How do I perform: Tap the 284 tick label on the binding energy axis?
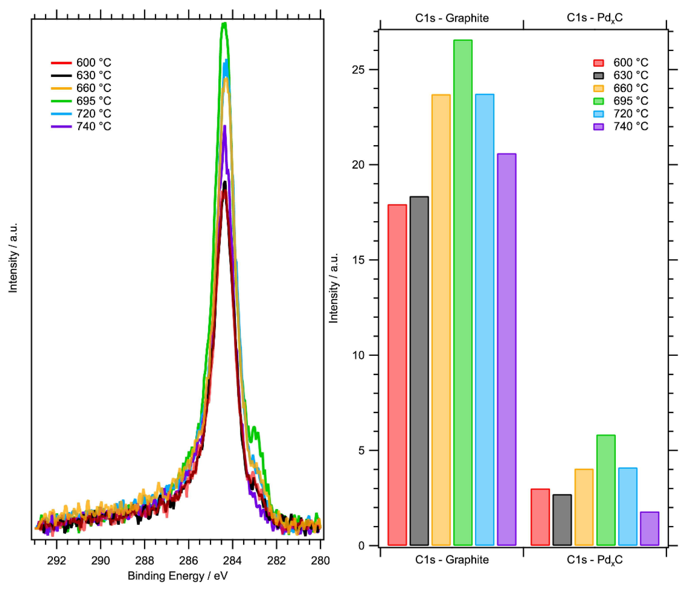coord(232,560)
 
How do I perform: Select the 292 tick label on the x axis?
coord(57,560)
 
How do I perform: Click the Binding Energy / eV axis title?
coord(178,576)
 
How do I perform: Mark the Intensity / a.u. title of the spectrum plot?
coord(13,258)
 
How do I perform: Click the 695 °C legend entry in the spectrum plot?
coord(94,101)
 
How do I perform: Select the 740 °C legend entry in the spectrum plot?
coord(94,126)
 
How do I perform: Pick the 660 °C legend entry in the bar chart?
coord(630,88)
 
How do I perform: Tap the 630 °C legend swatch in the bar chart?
coord(599,76)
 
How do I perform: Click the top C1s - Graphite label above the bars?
coord(452,18)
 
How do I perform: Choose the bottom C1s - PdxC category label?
coord(595,560)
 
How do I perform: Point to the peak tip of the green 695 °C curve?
coord(224,24)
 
